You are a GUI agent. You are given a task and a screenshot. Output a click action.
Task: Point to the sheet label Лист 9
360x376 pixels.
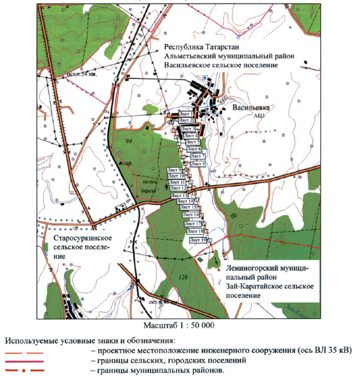[174, 169]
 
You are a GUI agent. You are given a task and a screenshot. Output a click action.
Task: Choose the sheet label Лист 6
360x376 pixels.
[193, 149]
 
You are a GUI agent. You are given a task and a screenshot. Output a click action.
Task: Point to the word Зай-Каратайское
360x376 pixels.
[249, 286]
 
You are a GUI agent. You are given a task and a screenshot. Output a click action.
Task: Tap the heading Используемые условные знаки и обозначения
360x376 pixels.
[89, 340]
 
